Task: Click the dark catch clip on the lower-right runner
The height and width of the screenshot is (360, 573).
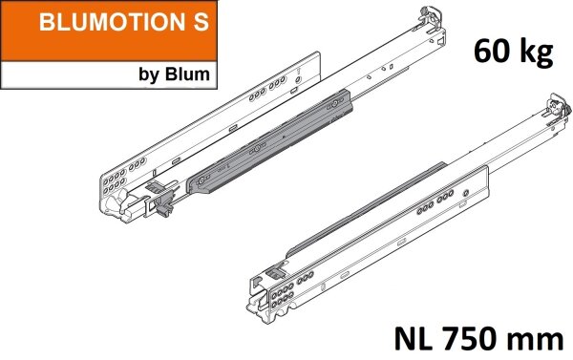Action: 278,271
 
